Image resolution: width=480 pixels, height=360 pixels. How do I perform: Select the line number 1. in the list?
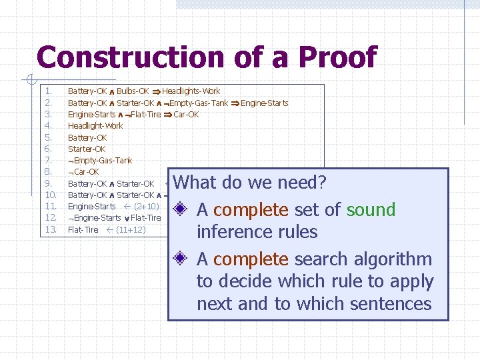click(48, 91)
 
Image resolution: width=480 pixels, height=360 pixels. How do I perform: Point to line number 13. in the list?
click(51, 230)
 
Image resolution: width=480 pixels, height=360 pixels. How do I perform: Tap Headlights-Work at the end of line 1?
click(191, 91)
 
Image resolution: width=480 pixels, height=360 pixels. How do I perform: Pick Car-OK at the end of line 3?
click(186, 115)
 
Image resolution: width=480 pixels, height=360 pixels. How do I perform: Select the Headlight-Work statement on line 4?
click(95, 126)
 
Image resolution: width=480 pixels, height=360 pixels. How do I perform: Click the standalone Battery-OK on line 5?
click(87, 137)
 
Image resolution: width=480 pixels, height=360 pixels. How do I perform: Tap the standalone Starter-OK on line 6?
click(87, 149)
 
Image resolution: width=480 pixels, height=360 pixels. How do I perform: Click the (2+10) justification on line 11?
click(145, 207)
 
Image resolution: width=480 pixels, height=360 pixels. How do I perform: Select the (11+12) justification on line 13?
click(131, 230)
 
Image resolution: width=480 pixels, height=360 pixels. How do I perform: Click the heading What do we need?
click(249, 183)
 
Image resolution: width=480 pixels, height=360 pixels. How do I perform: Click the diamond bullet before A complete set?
click(181, 210)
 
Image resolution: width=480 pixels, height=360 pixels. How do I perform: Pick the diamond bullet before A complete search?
click(181, 259)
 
